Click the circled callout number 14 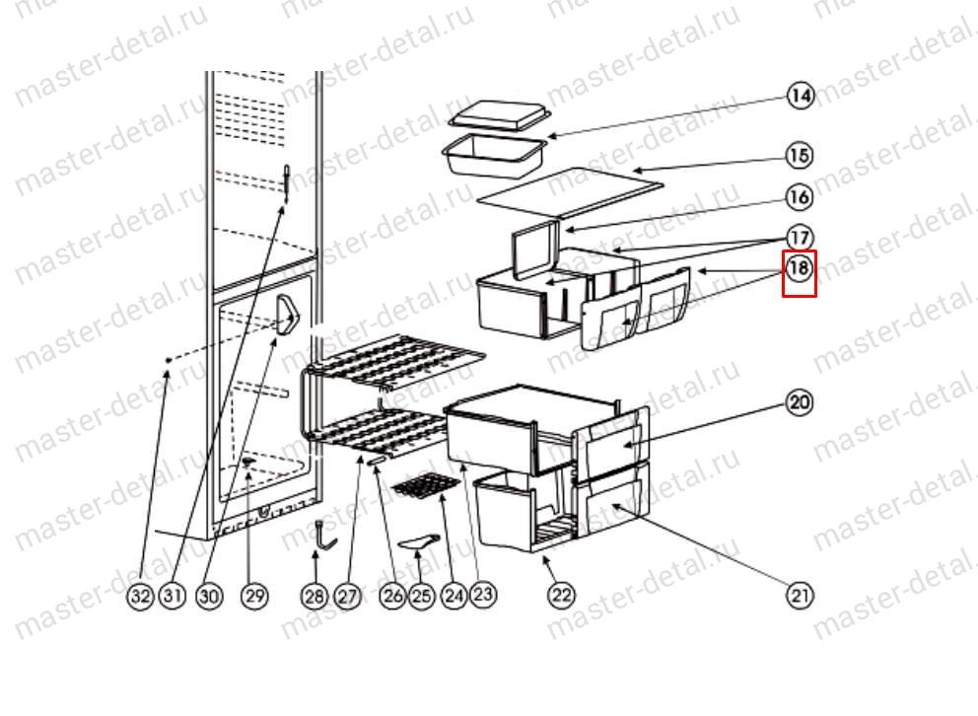point(801,96)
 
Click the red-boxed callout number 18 point(800,269)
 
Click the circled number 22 point(561,595)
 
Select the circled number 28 point(314,596)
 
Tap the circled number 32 point(141,596)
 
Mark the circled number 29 point(254,596)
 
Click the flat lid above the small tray point(500,116)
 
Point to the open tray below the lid point(494,157)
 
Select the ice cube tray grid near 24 point(425,485)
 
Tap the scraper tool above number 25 point(418,543)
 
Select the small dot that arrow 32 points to point(169,361)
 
